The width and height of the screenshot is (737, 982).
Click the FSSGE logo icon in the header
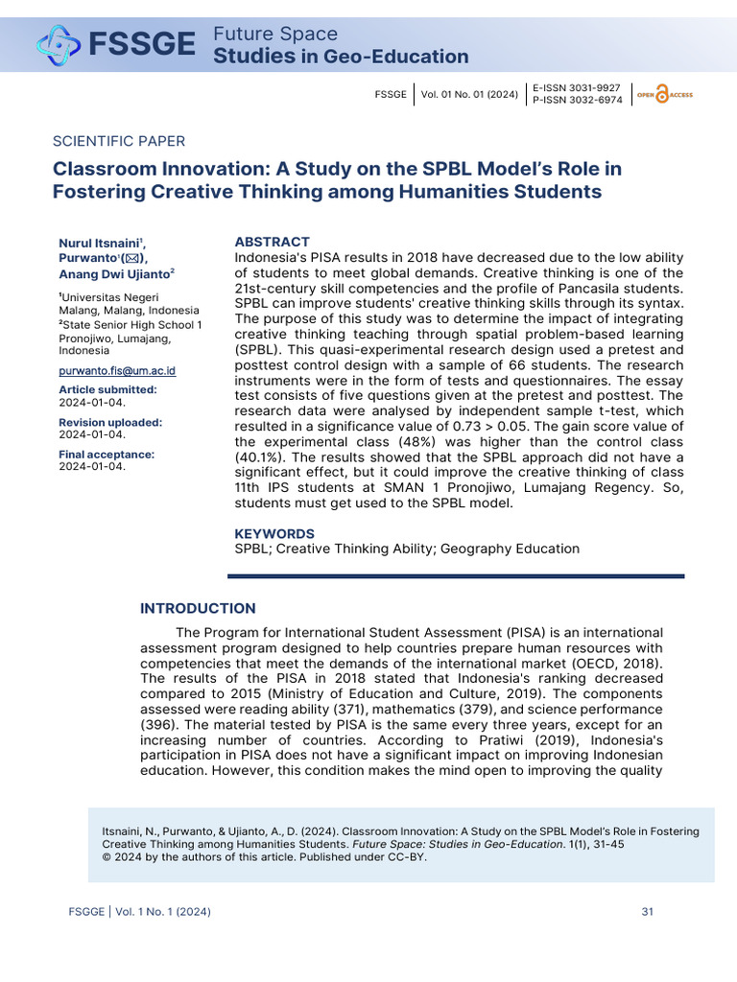59,44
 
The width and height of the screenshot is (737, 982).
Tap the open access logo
663,94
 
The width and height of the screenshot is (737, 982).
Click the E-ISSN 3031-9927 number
577,87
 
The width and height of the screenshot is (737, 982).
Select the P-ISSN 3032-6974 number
577,100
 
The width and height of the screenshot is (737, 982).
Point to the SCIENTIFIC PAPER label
119,141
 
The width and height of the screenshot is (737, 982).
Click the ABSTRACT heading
273,242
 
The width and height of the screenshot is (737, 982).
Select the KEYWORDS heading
274,533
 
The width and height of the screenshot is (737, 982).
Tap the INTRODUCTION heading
198,608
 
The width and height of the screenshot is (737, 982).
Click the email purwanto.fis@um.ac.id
117,370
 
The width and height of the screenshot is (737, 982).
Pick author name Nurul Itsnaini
100,244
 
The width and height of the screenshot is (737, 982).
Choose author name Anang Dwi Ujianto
115,272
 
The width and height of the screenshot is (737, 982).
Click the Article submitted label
107,389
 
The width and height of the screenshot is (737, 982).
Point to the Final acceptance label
106,455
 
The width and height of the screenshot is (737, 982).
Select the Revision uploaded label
110,422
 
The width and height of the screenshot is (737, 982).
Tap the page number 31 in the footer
647,911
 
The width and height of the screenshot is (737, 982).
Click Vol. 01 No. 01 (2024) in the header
470,94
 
